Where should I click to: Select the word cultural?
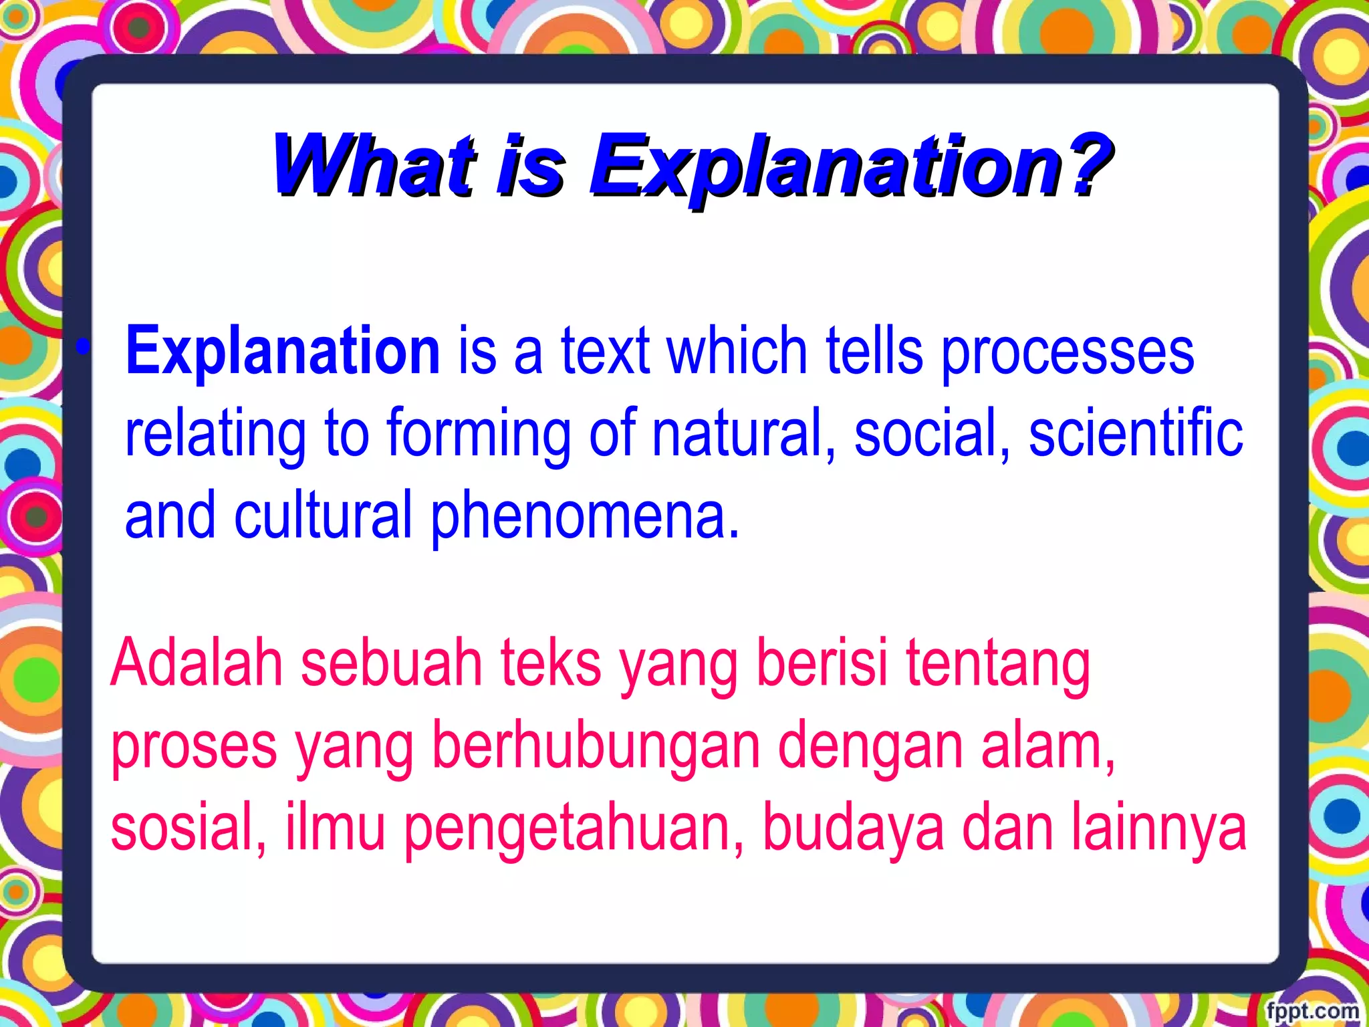(323, 515)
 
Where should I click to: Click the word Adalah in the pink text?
(198, 663)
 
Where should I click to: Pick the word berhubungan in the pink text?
(596, 746)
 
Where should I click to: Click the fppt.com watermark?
(1313, 1010)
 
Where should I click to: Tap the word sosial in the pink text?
(188, 828)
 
